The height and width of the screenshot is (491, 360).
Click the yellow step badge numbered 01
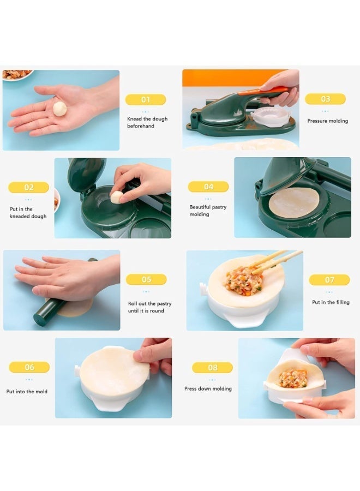[x=146, y=100]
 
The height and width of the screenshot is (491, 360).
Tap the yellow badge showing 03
[x=325, y=99]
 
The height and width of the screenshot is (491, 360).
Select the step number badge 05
[x=146, y=279]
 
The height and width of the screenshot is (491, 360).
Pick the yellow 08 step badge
[x=212, y=367]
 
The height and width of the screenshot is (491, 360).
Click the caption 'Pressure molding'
[x=327, y=121]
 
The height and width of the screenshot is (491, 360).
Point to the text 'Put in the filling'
[x=331, y=302]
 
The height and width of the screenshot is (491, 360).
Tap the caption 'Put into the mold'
[x=27, y=391]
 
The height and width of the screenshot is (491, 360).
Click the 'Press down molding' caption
[x=208, y=388]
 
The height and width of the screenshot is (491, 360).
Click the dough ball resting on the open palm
[x=59, y=109]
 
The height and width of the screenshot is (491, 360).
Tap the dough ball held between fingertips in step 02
[x=116, y=197]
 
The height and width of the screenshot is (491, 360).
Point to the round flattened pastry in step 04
[x=294, y=202]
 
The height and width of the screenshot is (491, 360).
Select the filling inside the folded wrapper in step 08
[x=293, y=378]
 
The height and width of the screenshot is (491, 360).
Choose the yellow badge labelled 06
[x=29, y=367]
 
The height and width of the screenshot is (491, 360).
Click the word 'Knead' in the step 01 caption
[x=134, y=119]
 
